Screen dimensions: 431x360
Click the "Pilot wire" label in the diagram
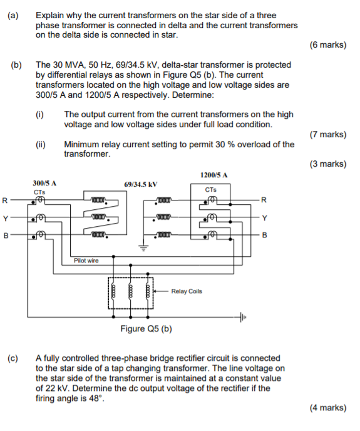pos(85,260)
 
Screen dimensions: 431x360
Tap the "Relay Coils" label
pos(187,291)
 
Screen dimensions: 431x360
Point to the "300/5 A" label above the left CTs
pos(44,182)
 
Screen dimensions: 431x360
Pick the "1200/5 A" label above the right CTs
pos(213,175)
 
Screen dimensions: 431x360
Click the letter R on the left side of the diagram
pos(5,201)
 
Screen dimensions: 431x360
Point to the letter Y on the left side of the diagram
pos(5,219)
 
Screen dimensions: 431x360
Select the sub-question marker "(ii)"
pos(41,144)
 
